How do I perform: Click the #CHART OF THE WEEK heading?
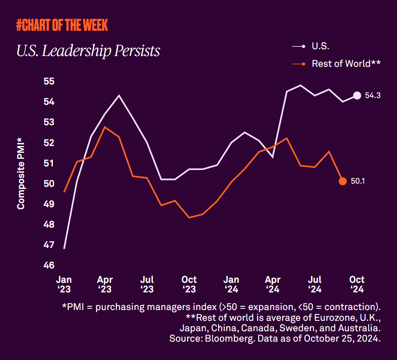[62, 25]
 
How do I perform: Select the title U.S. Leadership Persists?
[88, 51]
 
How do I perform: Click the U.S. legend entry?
[321, 46]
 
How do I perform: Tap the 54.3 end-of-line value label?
[373, 96]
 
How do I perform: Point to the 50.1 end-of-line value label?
[358, 181]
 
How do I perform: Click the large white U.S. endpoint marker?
[357, 95]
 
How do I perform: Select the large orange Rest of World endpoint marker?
[343, 181]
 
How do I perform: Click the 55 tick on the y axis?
[48, 81]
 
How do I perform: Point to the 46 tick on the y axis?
[48, 265]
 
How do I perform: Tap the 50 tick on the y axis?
[48, 184]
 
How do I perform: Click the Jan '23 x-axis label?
[64, 284]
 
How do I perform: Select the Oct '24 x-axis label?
[357, 284]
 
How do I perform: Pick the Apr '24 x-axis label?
[273, 284]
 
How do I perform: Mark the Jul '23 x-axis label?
[147, 284]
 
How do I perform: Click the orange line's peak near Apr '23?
[105, 127]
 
